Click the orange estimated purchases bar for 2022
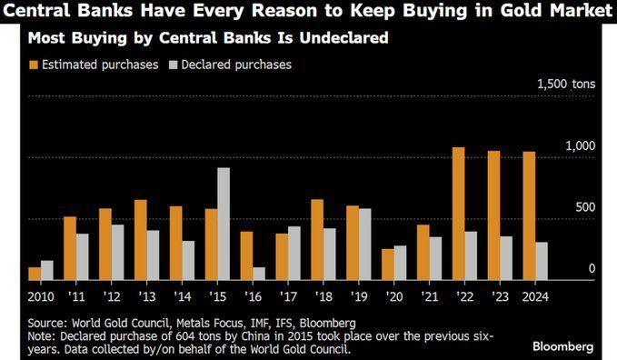458,214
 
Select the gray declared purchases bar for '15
224,224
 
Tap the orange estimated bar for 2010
35,273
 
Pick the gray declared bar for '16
259,273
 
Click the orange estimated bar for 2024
529,215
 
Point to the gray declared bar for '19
364,244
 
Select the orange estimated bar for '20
388,264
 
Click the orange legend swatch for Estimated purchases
34,65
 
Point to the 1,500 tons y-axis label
566,84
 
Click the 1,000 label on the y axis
579,145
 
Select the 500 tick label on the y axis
585,207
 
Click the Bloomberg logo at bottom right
562,346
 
